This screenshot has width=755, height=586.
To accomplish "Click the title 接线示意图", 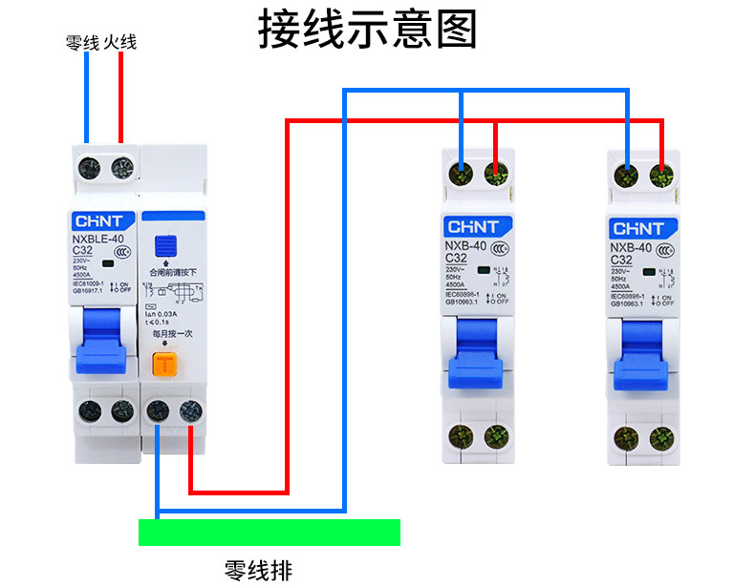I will [367, 31].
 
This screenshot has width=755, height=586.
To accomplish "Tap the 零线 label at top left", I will [82, 42].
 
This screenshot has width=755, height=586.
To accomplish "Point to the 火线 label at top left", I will [120, 42].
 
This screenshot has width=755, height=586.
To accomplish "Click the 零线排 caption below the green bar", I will [258, 570].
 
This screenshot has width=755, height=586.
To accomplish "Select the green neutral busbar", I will [270, 532].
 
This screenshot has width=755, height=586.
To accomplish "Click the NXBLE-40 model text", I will [97, 240].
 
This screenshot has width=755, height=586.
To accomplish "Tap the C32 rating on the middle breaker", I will [456, 258].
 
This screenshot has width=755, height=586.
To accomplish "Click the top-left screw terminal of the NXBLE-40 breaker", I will [88, 168].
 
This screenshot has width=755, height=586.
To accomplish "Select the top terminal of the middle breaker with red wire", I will [495, 174].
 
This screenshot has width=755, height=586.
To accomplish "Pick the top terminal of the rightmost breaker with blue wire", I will [627, 174].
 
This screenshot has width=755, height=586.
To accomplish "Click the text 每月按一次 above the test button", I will [172, 334].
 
